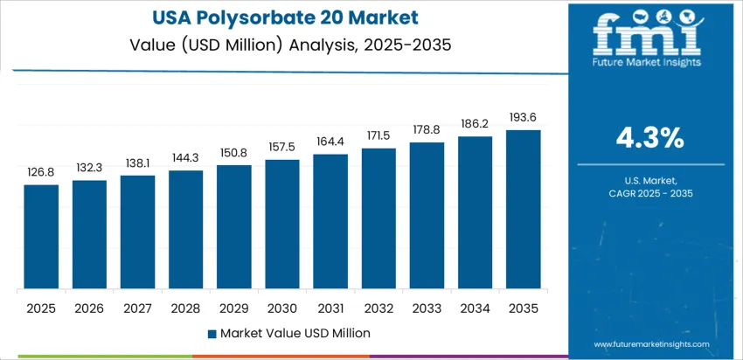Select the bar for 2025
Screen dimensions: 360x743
click(41, 237)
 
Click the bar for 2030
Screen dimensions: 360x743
click(282, 225)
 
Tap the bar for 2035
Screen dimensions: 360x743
click(524, 210)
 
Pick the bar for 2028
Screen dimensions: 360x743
click(186, 230)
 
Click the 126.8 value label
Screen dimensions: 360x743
click(41, 173)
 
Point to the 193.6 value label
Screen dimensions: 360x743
click(524, 118)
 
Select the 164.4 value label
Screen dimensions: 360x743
click(330, 142)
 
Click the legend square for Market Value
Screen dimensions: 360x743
click(212, 333)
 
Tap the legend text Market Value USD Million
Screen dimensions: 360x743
click(295, 333)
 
